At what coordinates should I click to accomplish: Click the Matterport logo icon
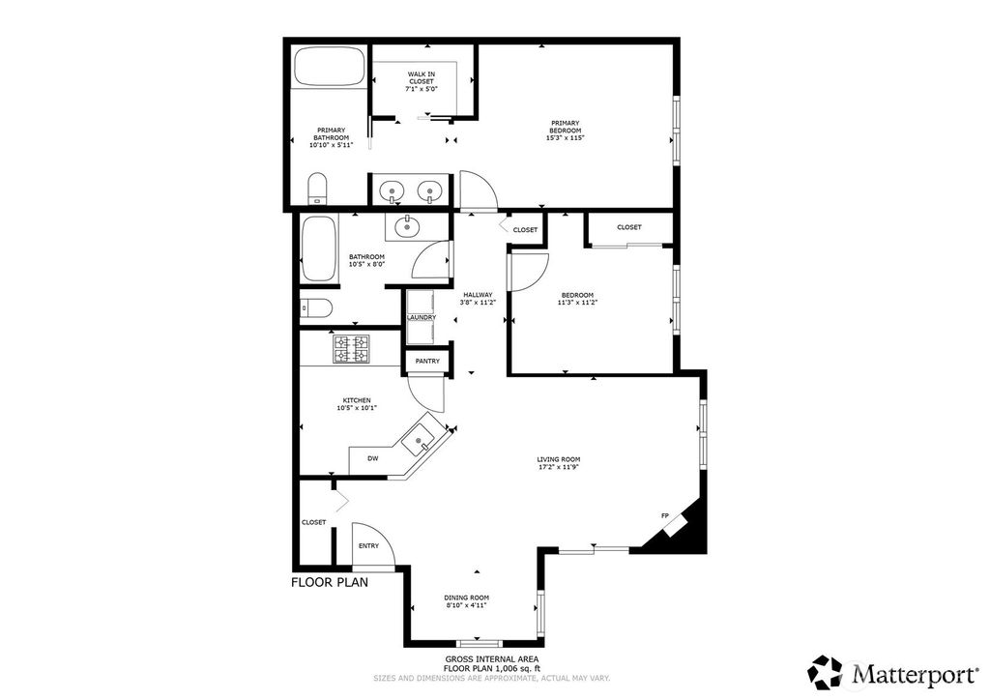[x=825, y=671]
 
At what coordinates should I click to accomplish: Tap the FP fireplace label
[x=664, y=515]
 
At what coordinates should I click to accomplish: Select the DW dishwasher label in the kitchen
[x=372, y=458]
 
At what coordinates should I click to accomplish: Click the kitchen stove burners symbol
[x=352, y=348]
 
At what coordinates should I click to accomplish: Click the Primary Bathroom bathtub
[x=329, y=69]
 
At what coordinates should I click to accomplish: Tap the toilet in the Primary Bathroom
[x=317, y=189]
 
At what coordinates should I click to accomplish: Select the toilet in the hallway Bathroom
[x=316, y=308]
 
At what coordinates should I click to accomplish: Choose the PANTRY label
[x=427, y=362]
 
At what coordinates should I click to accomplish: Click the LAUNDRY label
[x=422, y=317]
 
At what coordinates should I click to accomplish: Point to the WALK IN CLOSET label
[x=421, y=77]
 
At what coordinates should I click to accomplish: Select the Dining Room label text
[x=466, y=598]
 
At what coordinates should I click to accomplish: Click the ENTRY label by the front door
[x=368, y=546]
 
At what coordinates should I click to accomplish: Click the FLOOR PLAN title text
[x=330, y=583]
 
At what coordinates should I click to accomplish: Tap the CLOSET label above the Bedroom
[x=629, y=227]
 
